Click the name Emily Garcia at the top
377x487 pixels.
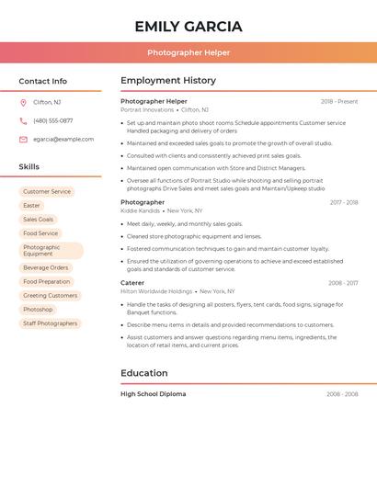coord(188,27)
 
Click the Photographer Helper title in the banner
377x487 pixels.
coord(188,52)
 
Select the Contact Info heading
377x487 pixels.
coord(43,81)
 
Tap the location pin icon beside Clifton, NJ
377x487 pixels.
coord(23,102)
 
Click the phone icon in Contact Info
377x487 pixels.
coord(23,120)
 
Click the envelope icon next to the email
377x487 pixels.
coord(23,140)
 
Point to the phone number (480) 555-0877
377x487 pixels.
coord(52,120)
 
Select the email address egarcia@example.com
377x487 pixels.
coord(63,140)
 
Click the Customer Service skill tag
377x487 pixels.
coord(47,192)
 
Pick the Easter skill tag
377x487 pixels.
coord(32,206)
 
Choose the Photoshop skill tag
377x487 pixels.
coord(38,310)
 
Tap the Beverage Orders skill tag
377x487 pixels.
coord(46,267)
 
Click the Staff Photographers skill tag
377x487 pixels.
coord(51,323)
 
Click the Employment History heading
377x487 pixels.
coord(168,81)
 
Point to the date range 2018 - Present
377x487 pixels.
coord(339,101)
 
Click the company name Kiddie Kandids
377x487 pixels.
coord(140,210)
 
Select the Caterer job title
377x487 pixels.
coord(132,283)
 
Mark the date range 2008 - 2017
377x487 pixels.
coord(343,283)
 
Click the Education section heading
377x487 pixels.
coord(144,373)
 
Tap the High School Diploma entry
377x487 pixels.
coord(153,394)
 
